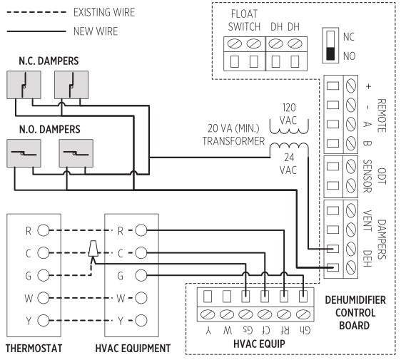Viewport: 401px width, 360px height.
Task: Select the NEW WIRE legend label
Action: pyautogui.click(x=94, y=31)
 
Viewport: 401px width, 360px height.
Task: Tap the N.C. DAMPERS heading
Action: pyautogui.click(x=49, y=62)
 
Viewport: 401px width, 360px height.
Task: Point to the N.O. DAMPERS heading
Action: pyautogui.click(x=49, y=130)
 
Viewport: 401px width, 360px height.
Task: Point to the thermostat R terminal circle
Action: pyautogui.click(x=43, y=230)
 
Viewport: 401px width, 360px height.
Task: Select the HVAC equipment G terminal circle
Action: pyautogui.click(x=141, y=274)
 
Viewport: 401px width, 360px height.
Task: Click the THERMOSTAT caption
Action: pyautogui.click(x=42, y=349)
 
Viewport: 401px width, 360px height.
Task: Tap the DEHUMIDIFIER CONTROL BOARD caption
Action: pyautogui.click(x=355, y=312)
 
